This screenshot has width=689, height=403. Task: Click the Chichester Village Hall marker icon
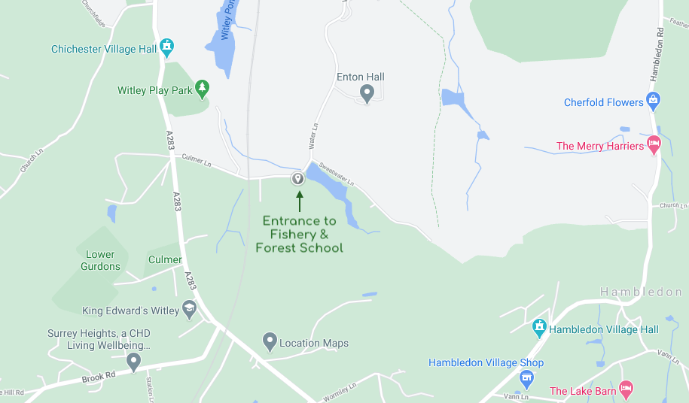click(167, 48)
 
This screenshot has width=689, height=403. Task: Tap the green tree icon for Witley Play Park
click(202, 89)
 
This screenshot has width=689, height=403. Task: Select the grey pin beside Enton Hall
click(367, 94)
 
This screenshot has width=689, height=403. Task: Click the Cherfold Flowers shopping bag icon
click(653, 101)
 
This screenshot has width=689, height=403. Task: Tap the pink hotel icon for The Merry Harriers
click(654, 145)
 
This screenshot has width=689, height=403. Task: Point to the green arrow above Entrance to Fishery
click(299, 201)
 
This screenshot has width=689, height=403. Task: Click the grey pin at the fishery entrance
click(297, 178)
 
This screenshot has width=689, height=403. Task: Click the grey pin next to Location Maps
click(270, 342)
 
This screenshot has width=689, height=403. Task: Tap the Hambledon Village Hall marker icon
click(539, 328)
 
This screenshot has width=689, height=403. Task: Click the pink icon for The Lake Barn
click(625, 390)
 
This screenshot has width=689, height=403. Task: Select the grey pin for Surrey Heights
click(134, 362)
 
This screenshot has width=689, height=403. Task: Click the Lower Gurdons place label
click(100, 260)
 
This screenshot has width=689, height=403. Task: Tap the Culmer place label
click(165, 259)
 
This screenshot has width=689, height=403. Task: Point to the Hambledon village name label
click(641, 292)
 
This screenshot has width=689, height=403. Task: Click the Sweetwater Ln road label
click(336, 173)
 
